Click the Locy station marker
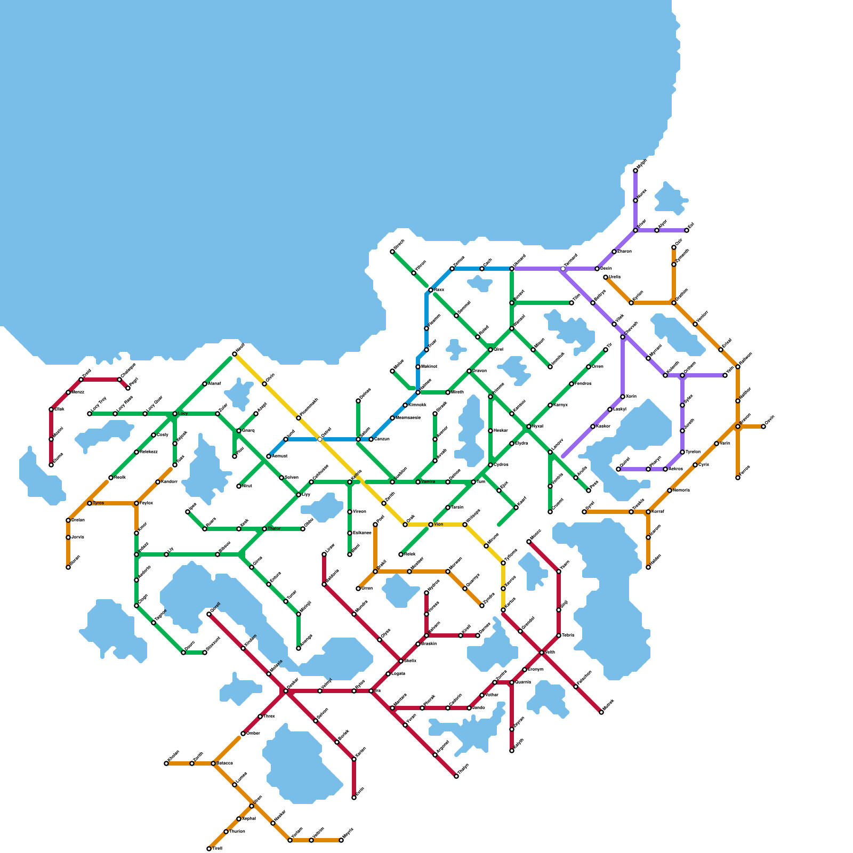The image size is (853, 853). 175,414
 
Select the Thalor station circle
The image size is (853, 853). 264,529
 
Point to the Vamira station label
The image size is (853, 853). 428,482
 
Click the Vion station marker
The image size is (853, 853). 431,525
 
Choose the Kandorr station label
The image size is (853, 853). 169,482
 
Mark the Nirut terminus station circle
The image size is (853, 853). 239,486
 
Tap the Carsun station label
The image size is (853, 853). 382,439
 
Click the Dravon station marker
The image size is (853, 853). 469,371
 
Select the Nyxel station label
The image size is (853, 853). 537,426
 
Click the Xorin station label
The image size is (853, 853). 631,397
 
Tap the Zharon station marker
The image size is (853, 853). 614,252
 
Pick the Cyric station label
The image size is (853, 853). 704,465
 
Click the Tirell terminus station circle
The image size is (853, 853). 209,849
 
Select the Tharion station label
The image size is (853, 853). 237,832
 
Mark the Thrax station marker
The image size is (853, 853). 260,717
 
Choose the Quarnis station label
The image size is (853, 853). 523,682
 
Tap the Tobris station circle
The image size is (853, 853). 559,635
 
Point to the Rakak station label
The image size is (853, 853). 410,554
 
